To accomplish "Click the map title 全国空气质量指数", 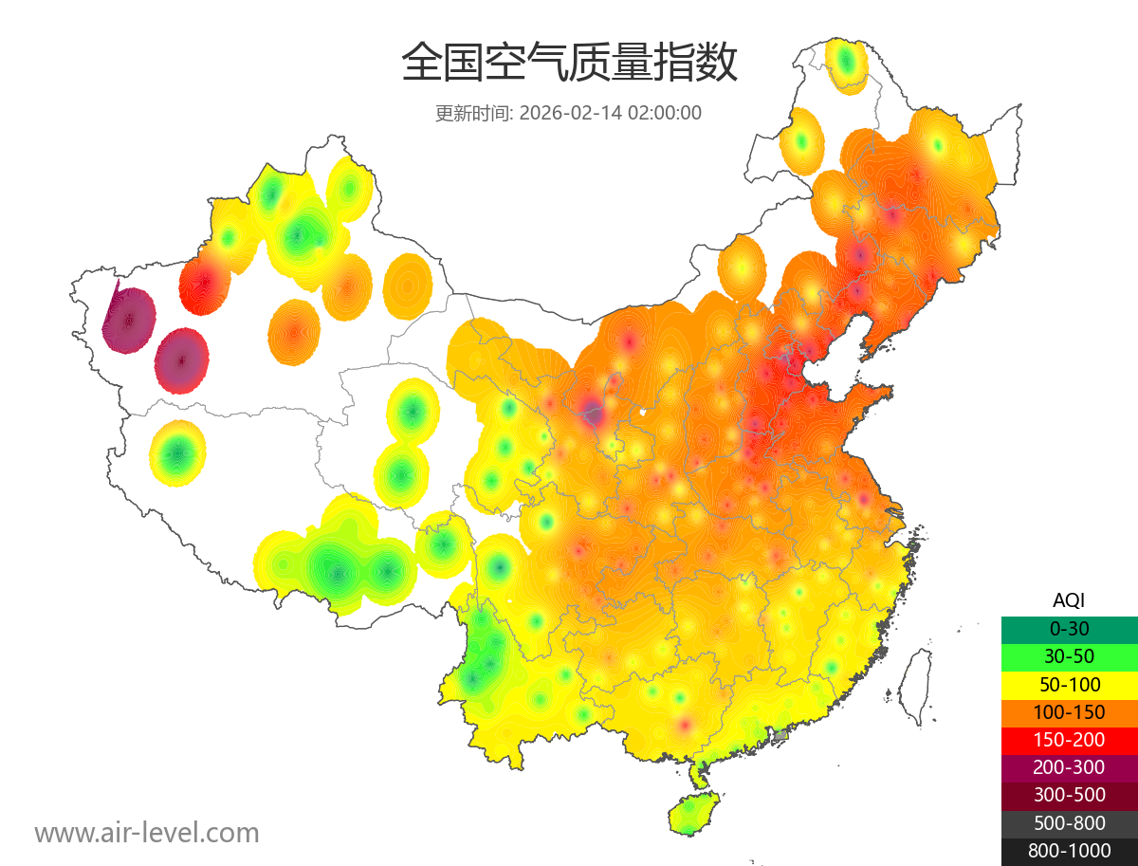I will [569, 64].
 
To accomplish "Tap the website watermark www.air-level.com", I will [147, 833].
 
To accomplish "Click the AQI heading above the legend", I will [1069, 600].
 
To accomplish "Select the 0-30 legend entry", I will [1069, 629].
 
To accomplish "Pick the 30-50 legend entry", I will [1069, 656].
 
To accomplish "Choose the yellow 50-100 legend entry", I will [1069, 684].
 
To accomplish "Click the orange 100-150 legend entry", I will [1069, 712].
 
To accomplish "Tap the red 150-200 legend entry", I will [1069, 740].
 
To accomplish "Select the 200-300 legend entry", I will [1069, 767].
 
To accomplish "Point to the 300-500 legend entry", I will [1069, 795].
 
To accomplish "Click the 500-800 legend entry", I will [1069, 823].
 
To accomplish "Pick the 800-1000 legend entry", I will [1069, 851].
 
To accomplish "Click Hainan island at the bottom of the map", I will [693, 817].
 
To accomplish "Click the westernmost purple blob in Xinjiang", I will [128, 321].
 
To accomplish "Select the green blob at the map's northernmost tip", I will [846, 64].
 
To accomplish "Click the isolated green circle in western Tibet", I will [177, 454].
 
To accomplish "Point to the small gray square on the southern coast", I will [780, 735].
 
